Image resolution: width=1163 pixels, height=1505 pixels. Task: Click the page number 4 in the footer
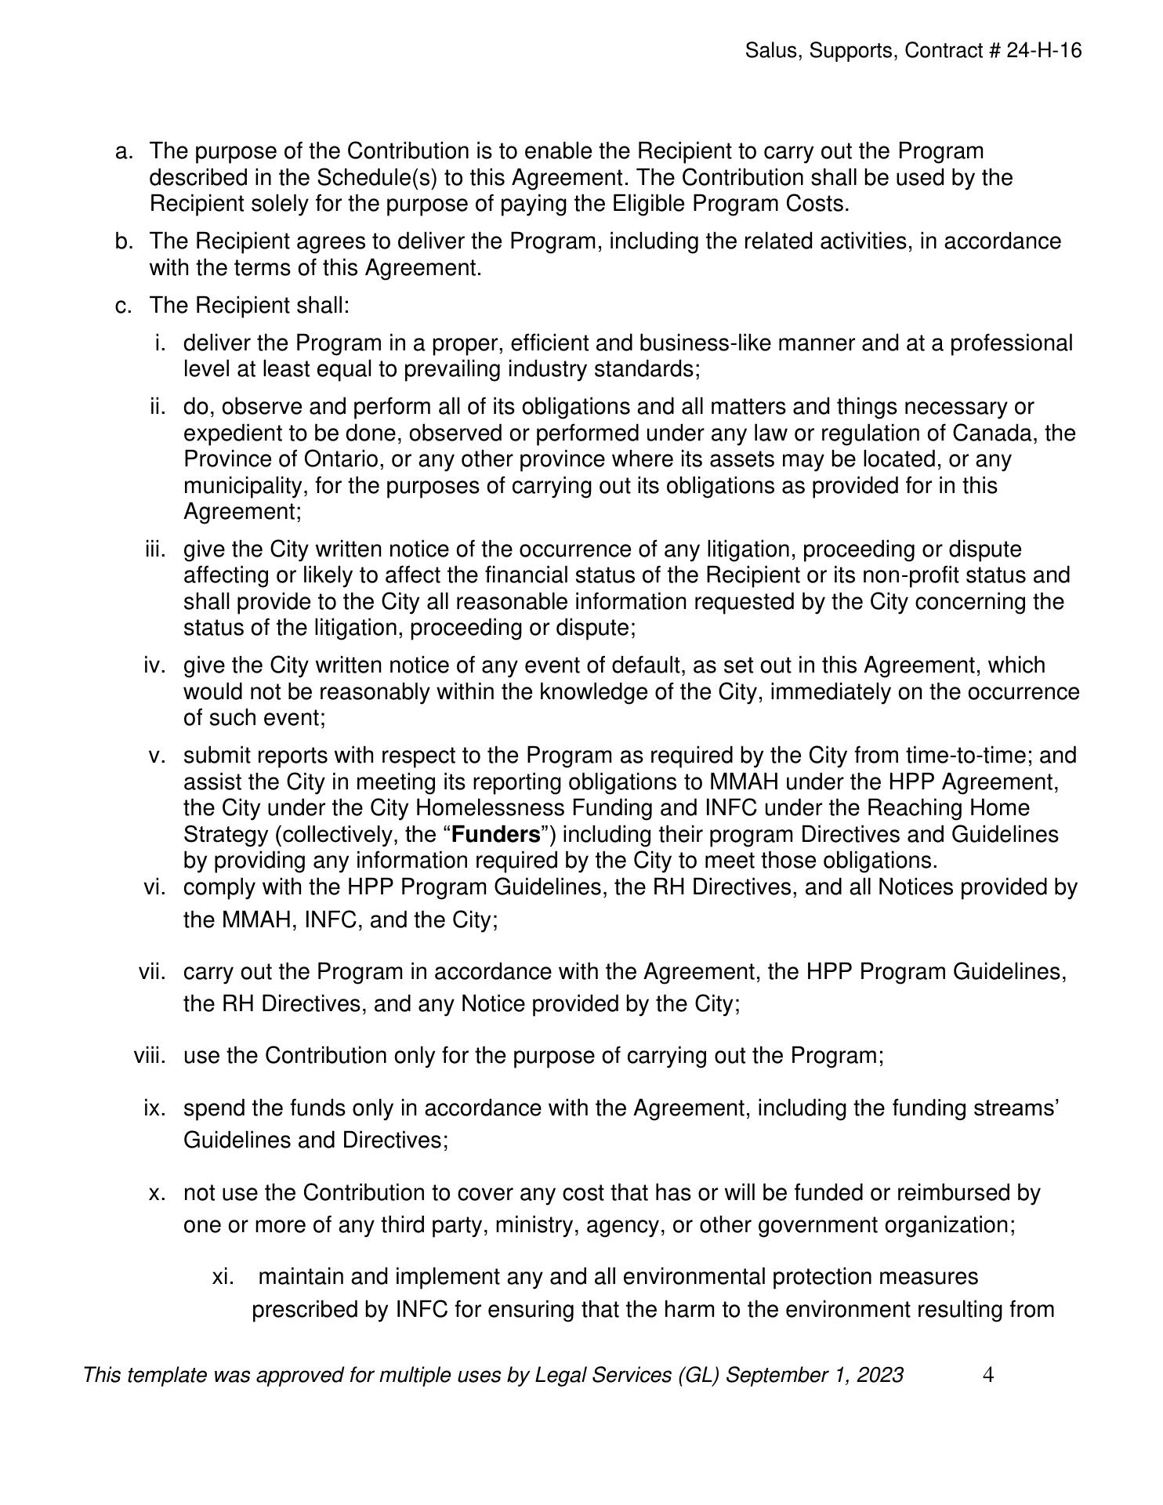pos(988,1375)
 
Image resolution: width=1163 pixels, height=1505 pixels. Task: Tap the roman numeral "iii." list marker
pos(156,549)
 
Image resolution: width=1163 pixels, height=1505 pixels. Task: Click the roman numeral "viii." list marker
pos(150,1055)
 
